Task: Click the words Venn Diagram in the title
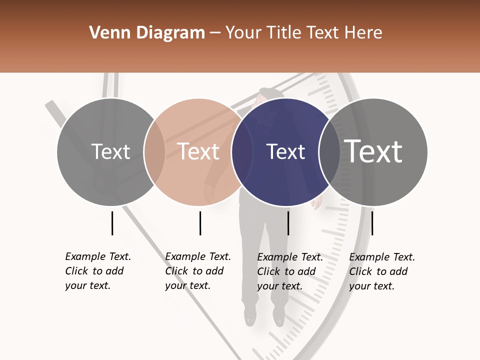tap(147, 33)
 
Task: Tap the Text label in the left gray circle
tap(110, 152)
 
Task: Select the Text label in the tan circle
tap(198, 152)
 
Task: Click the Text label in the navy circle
tap(285, 152)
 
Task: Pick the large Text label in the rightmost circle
tap(373, 151)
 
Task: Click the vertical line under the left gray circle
tap(112, 223)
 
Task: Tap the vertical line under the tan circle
tap(200, 223)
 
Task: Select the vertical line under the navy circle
tap(288, 223)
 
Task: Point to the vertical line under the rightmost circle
tap(372, 223)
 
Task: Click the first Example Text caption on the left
tap(98, 271)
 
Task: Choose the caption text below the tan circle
tap(198, 271)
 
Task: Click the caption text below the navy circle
tap(290, 271)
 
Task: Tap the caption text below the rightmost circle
tap(382, 271)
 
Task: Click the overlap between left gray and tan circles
tap(154, 152)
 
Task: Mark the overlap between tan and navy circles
tap(242, 152)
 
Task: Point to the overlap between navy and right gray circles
tap(329, 152)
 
